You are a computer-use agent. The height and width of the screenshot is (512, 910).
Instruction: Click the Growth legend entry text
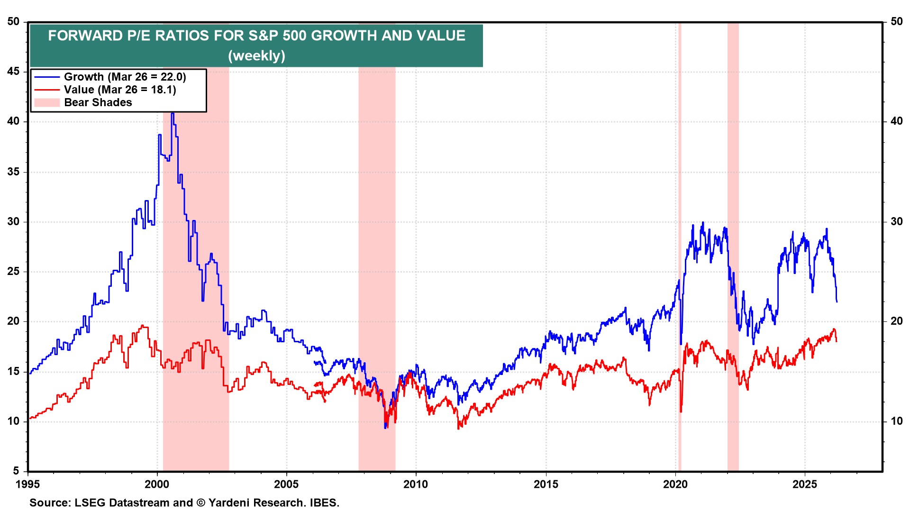point(125,77)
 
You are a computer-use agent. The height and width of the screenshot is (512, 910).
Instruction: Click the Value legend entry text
point(120,90)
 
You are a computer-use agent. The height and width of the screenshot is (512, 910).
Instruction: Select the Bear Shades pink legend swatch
point(47,102)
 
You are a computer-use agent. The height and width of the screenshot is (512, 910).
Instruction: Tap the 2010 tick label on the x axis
point(416,484)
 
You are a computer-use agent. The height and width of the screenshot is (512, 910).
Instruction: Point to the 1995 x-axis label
point(27,484)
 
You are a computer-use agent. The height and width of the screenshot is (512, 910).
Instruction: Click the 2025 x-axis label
point(805,484)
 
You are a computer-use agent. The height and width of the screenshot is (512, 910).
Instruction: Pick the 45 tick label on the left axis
point(13,72)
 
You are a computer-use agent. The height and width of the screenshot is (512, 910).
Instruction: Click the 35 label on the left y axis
point(13,172)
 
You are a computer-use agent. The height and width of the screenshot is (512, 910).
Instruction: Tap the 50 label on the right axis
point(896,21)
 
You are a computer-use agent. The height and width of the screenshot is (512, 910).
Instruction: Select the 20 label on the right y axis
point(896,321)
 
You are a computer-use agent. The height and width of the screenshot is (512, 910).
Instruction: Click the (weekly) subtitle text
point(256,56)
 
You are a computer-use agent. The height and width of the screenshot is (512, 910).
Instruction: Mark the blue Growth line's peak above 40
point(173,114)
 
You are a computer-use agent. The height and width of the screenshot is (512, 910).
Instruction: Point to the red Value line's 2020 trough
point(681,411)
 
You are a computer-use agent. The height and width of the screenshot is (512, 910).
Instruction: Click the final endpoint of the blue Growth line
point(837,302)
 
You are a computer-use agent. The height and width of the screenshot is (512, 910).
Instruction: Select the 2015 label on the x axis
point(546,484)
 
